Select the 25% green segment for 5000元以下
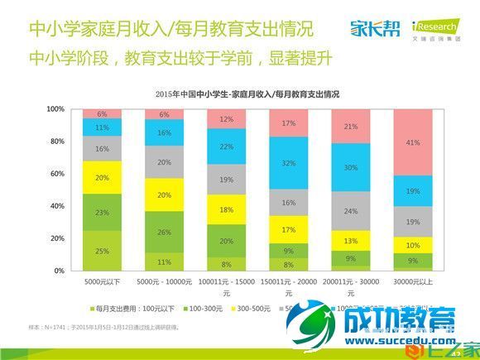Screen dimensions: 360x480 (102, 250)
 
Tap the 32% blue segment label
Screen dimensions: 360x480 (288, 164)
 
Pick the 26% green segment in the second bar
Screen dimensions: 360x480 (164, 232)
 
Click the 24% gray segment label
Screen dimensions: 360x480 (350, 211)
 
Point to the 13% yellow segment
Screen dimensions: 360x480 (350, 241)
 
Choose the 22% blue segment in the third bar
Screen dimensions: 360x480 (226, 146)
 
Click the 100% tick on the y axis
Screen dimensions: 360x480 (55, 109)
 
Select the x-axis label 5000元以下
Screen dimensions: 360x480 (102, 281)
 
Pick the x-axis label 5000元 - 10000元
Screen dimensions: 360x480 (164, 281)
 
